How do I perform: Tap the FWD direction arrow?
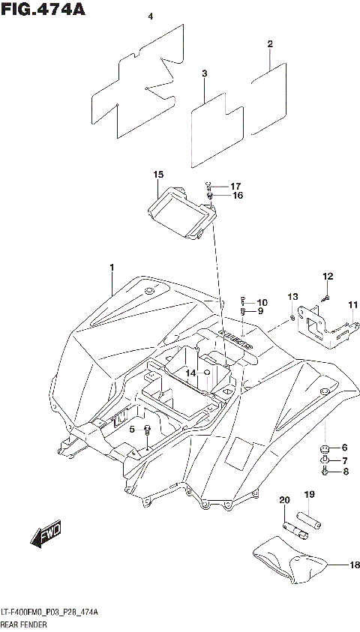coord(46,535)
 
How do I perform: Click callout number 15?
coord(158,175)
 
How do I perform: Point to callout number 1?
coord(112,268)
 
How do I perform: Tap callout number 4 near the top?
coord(150,16)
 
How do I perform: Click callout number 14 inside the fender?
coord(190,373)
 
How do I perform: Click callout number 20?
coord(284,500)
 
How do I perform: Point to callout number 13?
coord(292,297)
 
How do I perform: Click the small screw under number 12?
coord(327,298)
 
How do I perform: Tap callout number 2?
coord(269,44)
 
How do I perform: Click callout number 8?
coord(345,472)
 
